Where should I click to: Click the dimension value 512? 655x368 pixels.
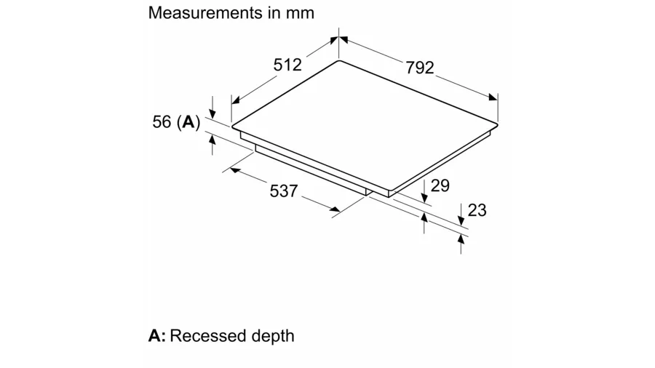pos(287,65)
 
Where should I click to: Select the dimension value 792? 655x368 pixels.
pos(420,68)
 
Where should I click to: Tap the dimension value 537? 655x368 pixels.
pos(284,191)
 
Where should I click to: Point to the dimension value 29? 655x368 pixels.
pos(440,185)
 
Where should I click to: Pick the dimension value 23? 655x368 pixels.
pos(477,210)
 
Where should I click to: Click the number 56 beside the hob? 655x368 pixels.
pos(162,122)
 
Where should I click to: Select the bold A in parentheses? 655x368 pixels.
pos(188,122)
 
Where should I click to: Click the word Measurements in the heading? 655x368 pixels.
pos(205,13)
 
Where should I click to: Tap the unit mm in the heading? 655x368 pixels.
pos(300,14)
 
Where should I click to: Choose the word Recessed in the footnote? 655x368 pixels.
pos(205,336)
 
